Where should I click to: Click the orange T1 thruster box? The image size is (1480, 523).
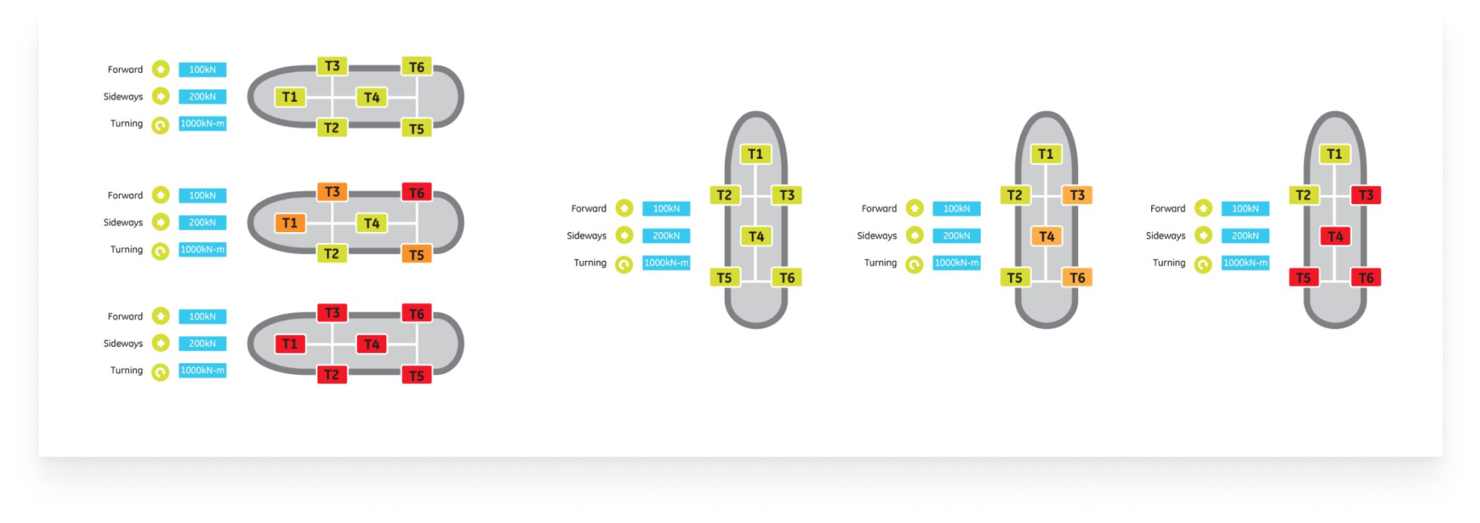coord(289,223)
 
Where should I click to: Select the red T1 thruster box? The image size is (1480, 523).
coord(289,344)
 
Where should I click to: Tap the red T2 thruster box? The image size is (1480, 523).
coord(332,375)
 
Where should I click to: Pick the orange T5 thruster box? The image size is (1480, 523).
coord(416,254)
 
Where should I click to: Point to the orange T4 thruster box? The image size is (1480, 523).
coord(1047,236)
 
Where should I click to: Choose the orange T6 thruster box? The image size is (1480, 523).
coord(1077,277)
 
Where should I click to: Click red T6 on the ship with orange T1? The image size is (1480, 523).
coord(416,193)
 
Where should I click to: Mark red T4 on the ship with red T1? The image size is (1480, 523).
coord(372,344)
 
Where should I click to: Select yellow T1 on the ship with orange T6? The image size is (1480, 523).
coord(1046,154)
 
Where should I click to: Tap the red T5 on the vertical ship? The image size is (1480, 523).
coord(1303,277)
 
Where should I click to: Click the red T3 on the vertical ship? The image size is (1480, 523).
coord(1366,195)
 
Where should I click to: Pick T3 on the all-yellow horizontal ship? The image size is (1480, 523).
coord(332,67)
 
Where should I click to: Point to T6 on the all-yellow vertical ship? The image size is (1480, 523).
coord(787,277)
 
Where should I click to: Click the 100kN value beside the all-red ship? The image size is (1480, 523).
coord(203,317)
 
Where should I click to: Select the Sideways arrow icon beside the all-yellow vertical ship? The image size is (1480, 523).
coord(625,235)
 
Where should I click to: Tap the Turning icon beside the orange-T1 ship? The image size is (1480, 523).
coord(160,251)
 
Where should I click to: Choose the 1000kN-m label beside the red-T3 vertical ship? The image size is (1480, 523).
coord(1245,263)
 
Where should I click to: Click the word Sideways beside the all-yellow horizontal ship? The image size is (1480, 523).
coord(123,97)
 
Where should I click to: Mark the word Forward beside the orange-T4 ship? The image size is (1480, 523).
coord(879,208)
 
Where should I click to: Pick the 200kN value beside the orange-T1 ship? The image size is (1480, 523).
coord(203,223)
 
